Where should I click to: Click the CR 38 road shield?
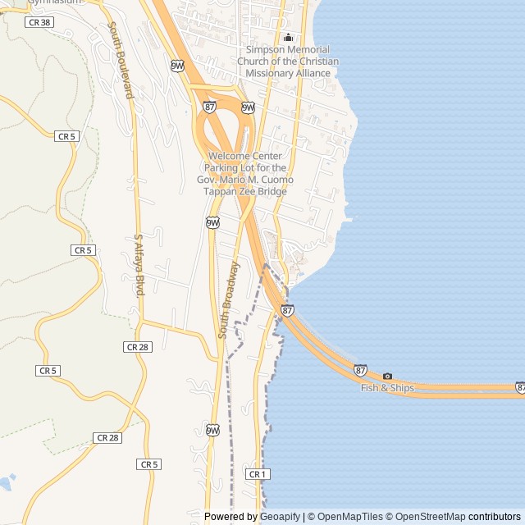(x=39, y=23)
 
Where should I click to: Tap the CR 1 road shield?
(x=257, y=474)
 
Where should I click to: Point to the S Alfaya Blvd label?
(x=139, y=265)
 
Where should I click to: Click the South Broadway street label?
(x=229, y=300)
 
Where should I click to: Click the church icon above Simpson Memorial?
(x=288, y=37)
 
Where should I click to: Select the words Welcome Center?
(x=245, y=156)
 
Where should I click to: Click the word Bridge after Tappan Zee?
(x=272, y=192)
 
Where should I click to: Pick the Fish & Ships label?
(x=387, y=388)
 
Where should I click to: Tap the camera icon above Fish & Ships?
(x=387, y=376)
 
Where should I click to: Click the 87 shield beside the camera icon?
(x=361, y=371)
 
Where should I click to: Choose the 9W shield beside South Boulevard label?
(x=178, y=66)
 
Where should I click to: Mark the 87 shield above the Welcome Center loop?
(x=210, y=107)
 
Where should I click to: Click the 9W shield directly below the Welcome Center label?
(x=212, y=222)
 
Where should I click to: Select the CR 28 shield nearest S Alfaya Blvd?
(x=137, y=347)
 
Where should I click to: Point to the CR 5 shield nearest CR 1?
(x=148, y=464)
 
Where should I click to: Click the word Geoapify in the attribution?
(x=281, y=517)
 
